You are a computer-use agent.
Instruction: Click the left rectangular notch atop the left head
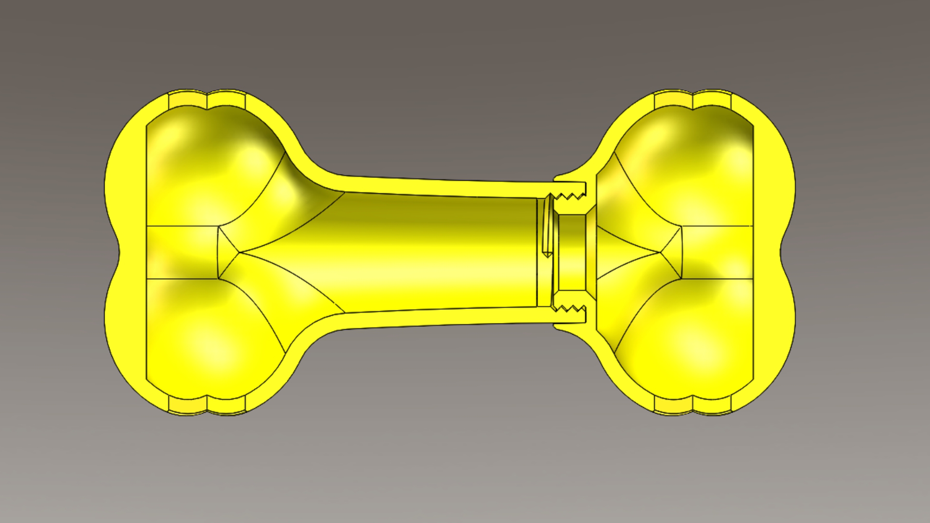(188, 100)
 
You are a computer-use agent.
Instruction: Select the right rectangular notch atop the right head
(712, 100)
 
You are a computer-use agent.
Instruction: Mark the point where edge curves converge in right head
(660, 252)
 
